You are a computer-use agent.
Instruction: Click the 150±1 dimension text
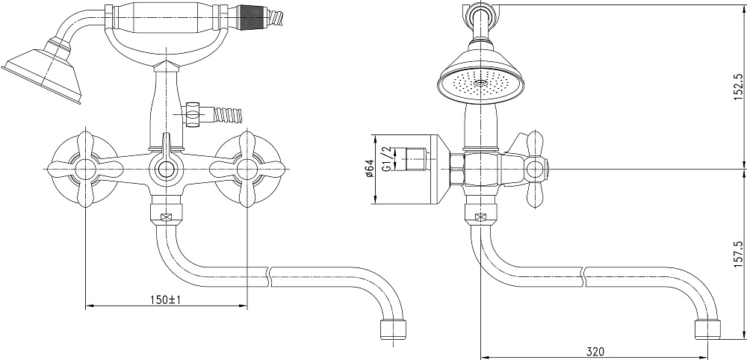pyautogui.click(x=165, y=300)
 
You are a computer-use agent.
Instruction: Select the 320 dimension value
pyautogui.click(x=595, y=352)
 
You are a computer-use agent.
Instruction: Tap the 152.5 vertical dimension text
pyautogui.click(x=739, y=87)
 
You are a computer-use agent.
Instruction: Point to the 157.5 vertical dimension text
pyautogui.click(x=739, y=253)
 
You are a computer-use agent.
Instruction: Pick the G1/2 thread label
pyautogui.click(x=387, y=159)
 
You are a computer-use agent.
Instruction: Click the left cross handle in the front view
pyautogui.click(x=85, y=169)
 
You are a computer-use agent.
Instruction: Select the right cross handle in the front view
pyautogui.click(x=247, y=169)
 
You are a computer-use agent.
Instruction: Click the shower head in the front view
pyautogui.click(x=43, y=72)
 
